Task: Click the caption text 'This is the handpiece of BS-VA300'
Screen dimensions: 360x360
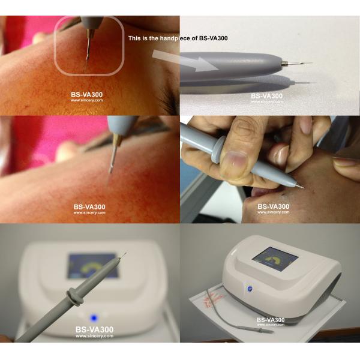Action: click(x=178, y=38)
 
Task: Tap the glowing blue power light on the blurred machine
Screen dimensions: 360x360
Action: click(x=94, y=318)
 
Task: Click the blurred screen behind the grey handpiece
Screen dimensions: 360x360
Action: click(x=93, y=266)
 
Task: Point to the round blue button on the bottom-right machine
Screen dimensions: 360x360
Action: click(x=249, y=289)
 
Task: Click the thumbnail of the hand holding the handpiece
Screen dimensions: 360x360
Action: click(x=270, y=169)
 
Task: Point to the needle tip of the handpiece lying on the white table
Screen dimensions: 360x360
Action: click(x=311, y=63)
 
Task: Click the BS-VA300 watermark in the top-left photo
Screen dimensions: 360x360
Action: click(x=86, y=95)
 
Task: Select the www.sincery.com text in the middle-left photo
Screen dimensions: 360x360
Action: click(x=89, y=212)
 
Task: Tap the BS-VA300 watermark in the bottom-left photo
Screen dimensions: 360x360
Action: click(x=94, y=329)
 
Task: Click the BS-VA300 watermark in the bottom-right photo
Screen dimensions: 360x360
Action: click(x=271, y=320)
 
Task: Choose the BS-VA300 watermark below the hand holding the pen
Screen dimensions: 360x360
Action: click(x=273, y=206)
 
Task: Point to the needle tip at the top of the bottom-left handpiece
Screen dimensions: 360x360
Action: click(x=126, y=253)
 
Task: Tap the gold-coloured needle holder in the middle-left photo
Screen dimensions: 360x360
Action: click(x=118, y=140)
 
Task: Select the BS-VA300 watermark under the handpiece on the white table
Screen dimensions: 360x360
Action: click(x=266, y=96)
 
